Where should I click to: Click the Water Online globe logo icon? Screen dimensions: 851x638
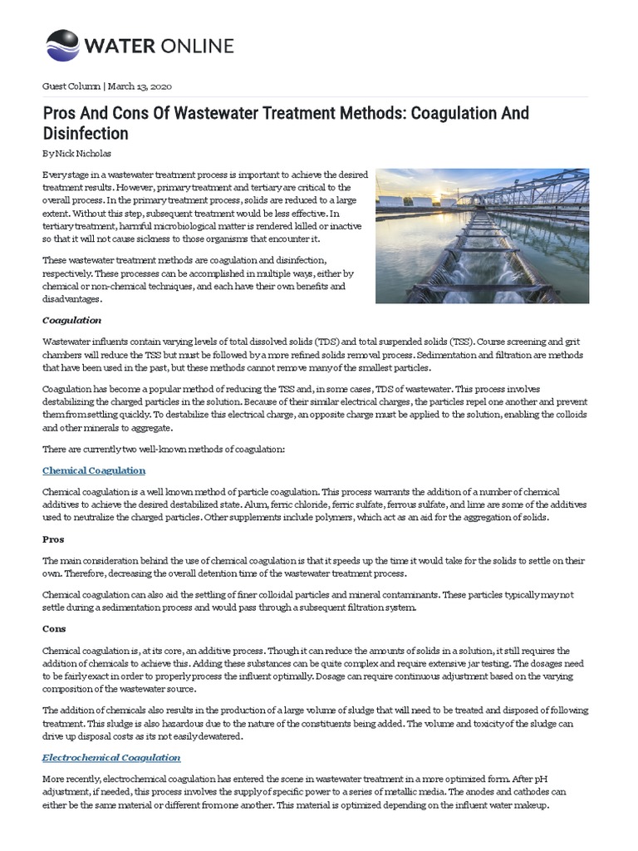point(62,45)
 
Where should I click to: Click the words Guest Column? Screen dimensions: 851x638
point(71,86)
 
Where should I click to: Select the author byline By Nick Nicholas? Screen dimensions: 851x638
point(76,155)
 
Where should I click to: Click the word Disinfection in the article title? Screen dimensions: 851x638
point(85,133)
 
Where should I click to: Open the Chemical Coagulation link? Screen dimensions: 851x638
point(94,470)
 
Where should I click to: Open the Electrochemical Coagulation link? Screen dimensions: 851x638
point(111,758)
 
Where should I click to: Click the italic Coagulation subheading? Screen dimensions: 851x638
point(71,319)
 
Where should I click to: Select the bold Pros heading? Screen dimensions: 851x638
point(53,539)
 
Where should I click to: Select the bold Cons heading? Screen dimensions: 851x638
point(54,629)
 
